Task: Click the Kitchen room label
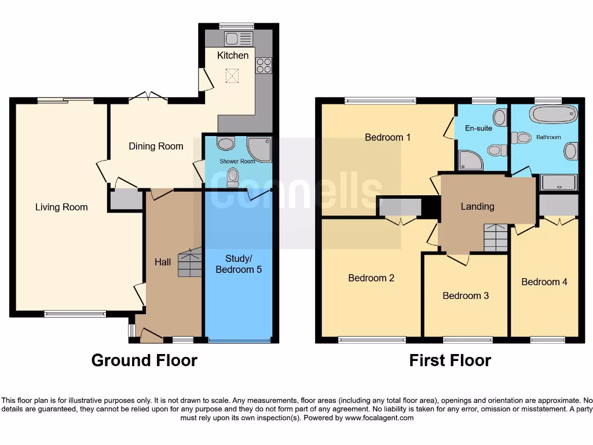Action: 233,56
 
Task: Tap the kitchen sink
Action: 239,39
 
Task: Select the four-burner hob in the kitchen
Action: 263,65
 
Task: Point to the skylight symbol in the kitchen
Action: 232,76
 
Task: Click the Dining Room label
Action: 156,146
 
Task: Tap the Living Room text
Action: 61,207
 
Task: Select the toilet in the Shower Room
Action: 233,177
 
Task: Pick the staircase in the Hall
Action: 189,262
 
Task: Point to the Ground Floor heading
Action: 144,360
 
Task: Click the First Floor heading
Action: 450,360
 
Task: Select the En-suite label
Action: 478,128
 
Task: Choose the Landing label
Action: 477,206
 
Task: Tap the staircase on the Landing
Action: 496,238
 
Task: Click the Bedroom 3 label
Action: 466,296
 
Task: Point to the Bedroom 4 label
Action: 544,282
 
